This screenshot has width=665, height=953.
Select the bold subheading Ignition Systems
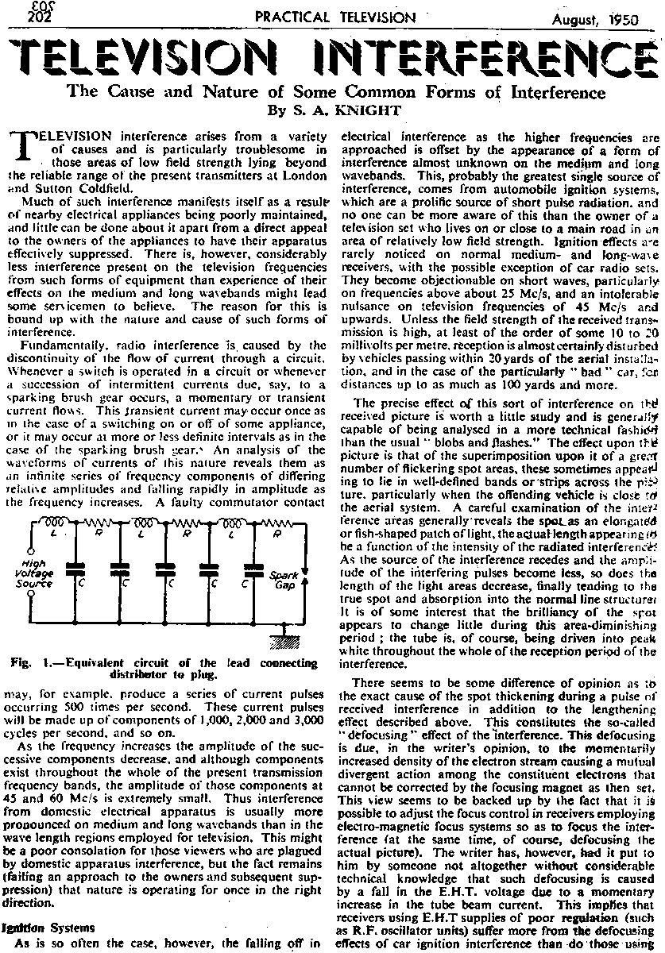tap(51, 926)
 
